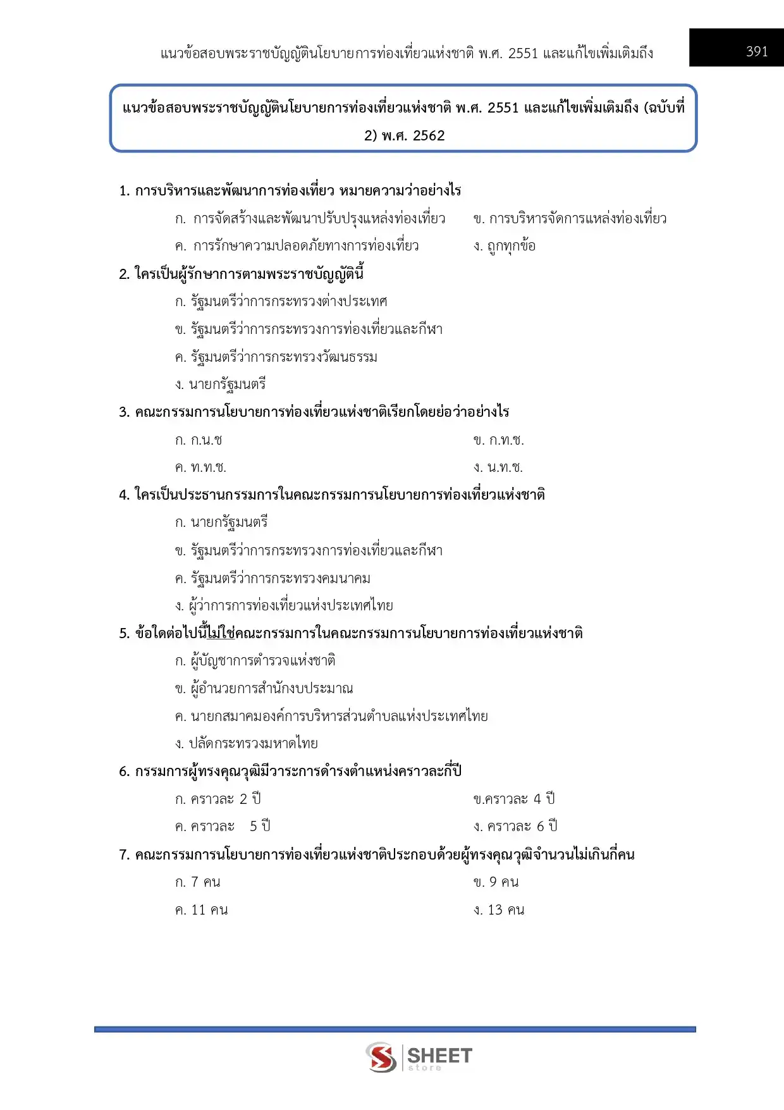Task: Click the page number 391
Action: [x=757, y=52]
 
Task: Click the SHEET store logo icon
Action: [x=381, y=1057]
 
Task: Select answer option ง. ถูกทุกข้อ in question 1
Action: [x=505, y=246]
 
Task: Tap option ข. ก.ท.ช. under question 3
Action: [x=499, y=440]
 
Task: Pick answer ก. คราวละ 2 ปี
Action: [x=218, y=799]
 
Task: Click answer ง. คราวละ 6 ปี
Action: [x=515, y=827]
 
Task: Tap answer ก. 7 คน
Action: [x=198, y=882]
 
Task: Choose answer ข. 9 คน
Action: [x=496, y=882]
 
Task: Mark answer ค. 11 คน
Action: [x=202, y=910]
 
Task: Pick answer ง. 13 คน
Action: [x=499, y=910]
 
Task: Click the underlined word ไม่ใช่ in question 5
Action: [x=221, y=634]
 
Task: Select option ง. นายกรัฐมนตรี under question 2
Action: [x=221, y=385]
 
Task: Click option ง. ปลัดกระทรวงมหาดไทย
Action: [x=247, y=744]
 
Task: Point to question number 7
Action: [x=124, y=855]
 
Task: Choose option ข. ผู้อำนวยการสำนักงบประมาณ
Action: [x=264, y=689]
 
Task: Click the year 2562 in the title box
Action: [x=429, y=136]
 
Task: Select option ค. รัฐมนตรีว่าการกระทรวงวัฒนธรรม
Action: [x=276, y=357]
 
